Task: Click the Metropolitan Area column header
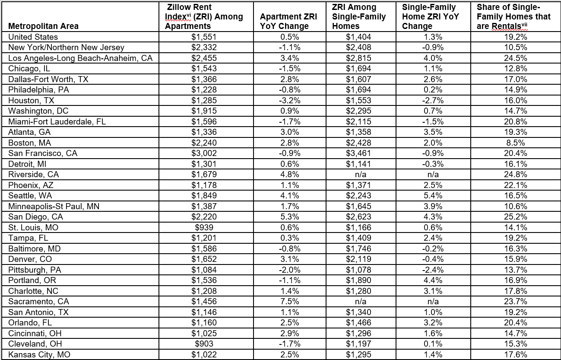[43, 26]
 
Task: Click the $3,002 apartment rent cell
[204, 153]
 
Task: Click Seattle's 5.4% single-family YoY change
[433, 195]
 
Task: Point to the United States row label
[33, 37]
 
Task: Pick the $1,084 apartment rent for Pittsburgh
[204, 269]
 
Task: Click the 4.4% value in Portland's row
[433, 280]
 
